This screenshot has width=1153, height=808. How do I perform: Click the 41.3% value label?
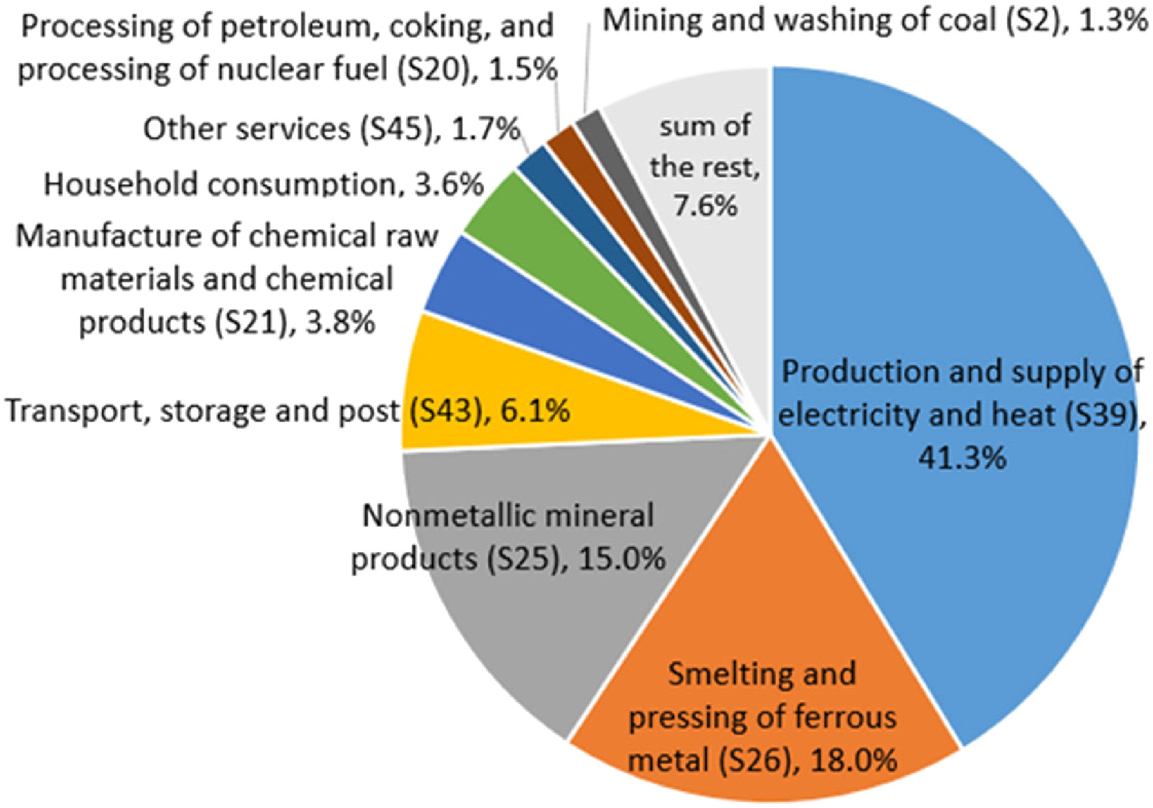point(962,458)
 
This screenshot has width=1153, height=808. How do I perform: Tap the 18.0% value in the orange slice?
point(853,760)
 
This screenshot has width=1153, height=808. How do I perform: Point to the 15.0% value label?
point(622,558)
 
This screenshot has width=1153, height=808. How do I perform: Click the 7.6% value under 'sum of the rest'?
point(705,206)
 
